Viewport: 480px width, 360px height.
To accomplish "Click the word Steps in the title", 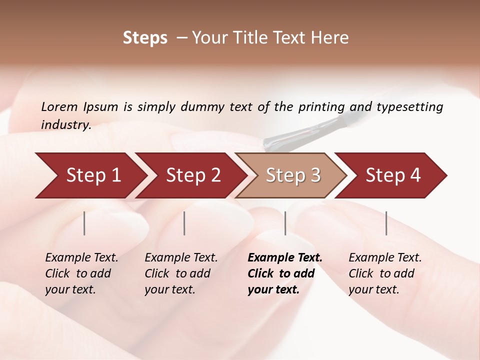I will coord(145,38).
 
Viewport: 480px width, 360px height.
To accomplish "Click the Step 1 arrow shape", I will coord(90,175).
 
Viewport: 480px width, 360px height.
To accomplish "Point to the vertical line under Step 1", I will coord(84,223).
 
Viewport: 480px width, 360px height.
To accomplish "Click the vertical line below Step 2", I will coord(184,223).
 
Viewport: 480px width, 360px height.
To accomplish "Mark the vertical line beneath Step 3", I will coord(285,223).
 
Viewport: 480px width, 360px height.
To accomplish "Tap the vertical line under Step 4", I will coord(386,223).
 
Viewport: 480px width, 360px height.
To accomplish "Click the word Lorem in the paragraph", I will coord(59,107).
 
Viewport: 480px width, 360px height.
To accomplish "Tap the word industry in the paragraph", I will coord(65,125).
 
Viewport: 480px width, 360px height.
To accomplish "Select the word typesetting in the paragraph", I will coord(409,107).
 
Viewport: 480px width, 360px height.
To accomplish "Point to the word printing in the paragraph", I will coord(321,107).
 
